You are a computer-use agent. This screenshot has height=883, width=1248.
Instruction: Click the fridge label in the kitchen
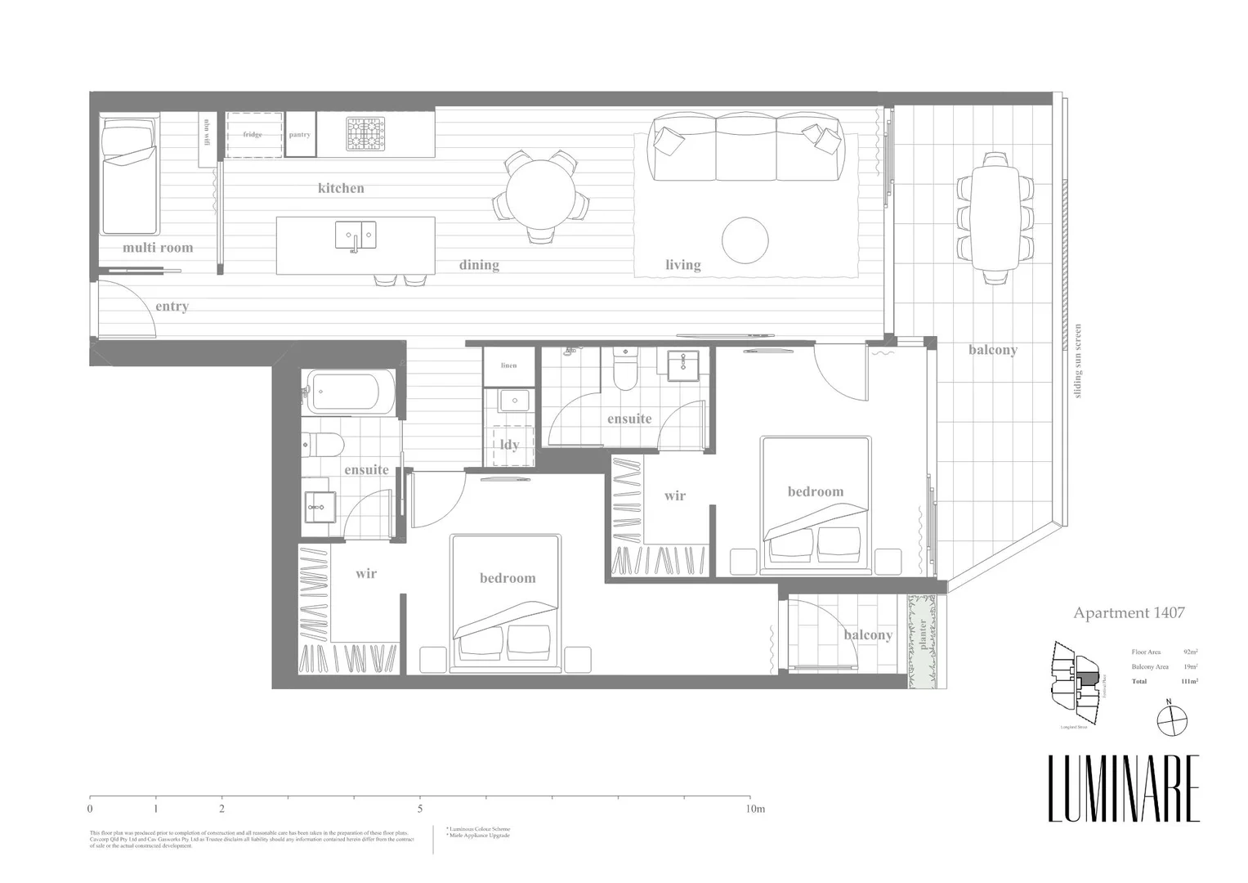click(x=253, y=134)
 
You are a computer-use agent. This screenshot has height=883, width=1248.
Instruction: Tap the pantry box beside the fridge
click(x=299, y=134)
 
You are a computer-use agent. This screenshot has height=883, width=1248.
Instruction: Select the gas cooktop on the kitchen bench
click(x=366, y=134)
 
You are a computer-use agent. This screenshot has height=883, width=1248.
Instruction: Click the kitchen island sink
click(x=356, y=235)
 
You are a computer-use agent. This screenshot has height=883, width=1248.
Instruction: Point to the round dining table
click(x=539, y=196)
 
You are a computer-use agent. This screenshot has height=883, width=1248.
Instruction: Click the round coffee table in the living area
click(x=745, y=240)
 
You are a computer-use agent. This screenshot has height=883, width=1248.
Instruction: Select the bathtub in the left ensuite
click(x=350, y=391)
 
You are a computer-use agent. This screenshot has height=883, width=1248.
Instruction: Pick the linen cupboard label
click(x=508, y=365)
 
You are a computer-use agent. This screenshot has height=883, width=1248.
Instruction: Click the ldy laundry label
click(x=509, y=445)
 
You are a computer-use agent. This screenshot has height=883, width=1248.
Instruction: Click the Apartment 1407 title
click(x=1129, y=612)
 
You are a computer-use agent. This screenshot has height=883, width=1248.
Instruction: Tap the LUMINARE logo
click(x=1124, y=788)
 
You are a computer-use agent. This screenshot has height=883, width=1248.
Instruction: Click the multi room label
click(x=158, y=247)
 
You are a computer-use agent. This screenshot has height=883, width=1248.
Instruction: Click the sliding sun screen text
click(x=1079, y=361)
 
